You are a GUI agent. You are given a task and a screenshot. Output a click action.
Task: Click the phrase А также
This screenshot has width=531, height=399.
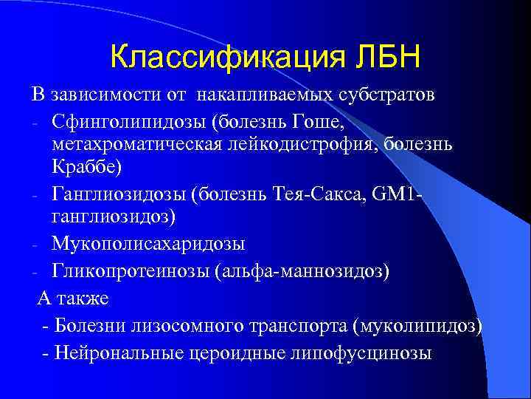73,299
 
